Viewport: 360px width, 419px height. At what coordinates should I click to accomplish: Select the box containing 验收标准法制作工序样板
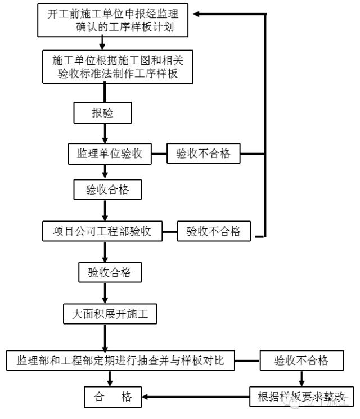coord(118,66)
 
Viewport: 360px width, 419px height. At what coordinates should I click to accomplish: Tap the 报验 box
coord(102,113)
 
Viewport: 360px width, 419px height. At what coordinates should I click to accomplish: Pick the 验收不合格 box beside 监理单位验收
coord(203,154)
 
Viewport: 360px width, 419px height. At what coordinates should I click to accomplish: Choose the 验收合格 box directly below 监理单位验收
coord(107,190)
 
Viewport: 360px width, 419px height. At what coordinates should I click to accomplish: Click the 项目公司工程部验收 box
coord(102,231)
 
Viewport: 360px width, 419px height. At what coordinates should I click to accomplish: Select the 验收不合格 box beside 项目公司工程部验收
coord(213,231)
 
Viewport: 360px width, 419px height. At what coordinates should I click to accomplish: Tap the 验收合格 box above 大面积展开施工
coord(109,272)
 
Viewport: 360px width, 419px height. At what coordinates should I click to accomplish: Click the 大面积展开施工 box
coord(110,314)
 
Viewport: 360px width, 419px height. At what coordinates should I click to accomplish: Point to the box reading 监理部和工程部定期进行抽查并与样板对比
coord(120,361)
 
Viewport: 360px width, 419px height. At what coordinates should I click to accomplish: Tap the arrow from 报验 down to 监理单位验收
coord(104,133)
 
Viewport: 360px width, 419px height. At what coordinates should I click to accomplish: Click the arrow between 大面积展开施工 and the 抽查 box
coord(105,337)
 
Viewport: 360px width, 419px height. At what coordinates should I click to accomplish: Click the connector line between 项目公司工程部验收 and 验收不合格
coord(169,231)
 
